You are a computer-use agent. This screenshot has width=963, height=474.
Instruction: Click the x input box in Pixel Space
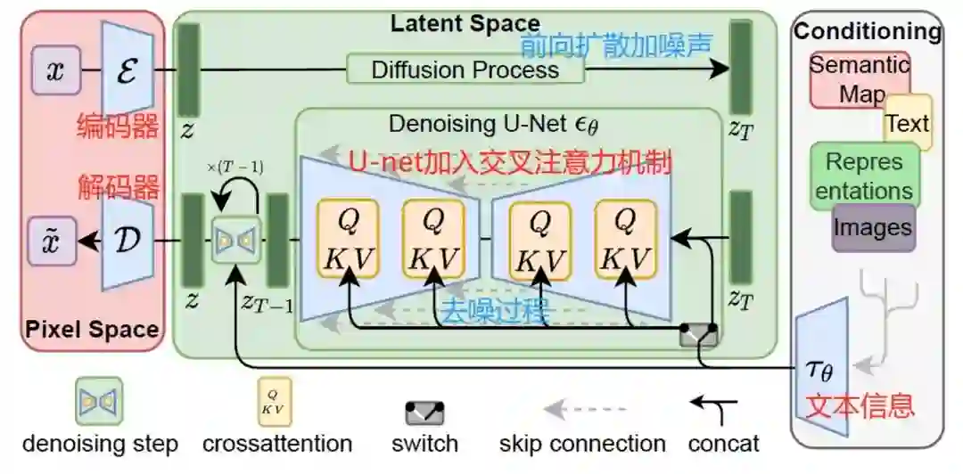pos(55,70)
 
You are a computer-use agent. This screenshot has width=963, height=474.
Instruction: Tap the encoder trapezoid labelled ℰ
pos(127,69)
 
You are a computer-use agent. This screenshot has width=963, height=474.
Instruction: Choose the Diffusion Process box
pos(465,69)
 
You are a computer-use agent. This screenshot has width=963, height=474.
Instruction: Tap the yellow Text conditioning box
pos(908,123)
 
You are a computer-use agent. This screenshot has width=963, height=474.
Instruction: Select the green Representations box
pos(862,176)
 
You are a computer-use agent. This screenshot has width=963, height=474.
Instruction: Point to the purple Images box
pos(873,227)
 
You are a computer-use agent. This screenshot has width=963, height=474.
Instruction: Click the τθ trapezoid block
pos(822,365)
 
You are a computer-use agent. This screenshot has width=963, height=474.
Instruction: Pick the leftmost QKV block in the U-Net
pos(346,239)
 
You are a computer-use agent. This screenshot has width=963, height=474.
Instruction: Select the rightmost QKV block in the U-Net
pos(626,239)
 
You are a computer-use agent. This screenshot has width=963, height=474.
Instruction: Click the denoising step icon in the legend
pos(98,402)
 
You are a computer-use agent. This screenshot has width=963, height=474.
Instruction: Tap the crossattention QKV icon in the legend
pos(275,403)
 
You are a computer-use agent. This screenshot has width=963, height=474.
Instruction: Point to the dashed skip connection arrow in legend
pos(580,410)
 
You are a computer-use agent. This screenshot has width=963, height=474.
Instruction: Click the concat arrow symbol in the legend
pos(714,409)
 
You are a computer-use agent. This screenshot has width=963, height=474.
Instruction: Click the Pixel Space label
pos(93,330)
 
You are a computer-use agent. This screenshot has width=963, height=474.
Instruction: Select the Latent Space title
pos(465,23)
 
